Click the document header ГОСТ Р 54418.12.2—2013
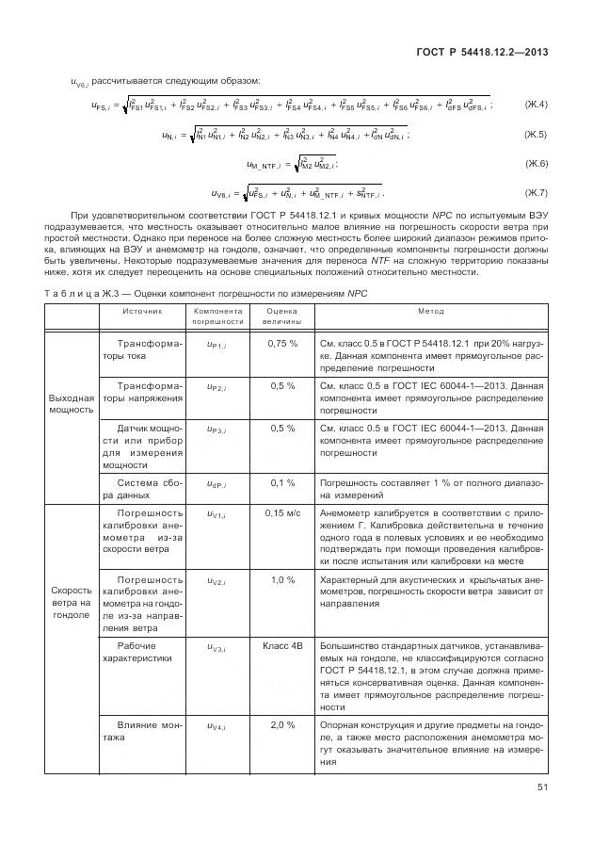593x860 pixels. tap(482, 52)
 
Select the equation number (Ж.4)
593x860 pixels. tap(536, 104)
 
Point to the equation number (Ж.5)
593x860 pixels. tap(536, 135)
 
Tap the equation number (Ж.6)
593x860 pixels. tap(536, 165)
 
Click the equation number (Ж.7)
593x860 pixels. tap(536, 194)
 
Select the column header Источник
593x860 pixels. tap(142, 311)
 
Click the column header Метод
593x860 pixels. tap(431, 311)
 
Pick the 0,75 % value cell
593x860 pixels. tap(282, 344)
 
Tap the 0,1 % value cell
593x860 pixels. tap(282, 481)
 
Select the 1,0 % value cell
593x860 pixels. tap(282, 579)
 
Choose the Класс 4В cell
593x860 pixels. tap(282, 646)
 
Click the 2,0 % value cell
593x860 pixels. tap(282, 725)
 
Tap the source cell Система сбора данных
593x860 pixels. tap(142, 488)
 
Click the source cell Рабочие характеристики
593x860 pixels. tap(142, 653)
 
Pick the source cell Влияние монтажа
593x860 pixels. tap(142, 732)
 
